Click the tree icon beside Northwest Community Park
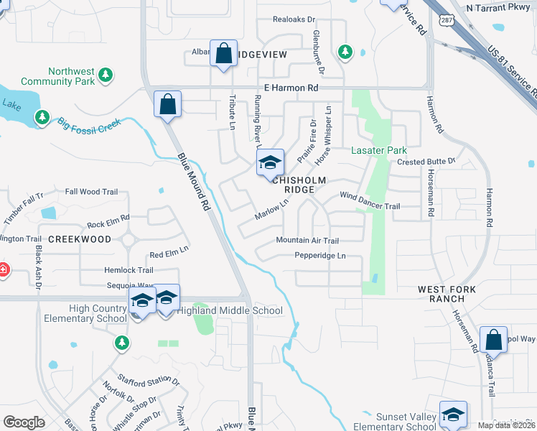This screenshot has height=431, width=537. [106, 74]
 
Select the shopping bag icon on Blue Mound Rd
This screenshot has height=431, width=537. [167, 104]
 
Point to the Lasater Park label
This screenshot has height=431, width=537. [378, 150]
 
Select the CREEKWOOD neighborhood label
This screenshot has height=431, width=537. [80, 238]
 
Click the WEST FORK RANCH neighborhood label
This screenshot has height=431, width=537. [447, 293]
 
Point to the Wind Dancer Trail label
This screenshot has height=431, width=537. [369, 200]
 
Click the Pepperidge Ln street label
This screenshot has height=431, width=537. [320, 256]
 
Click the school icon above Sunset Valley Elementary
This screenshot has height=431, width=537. [453, 414]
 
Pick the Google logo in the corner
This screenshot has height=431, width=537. [24, 422]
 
